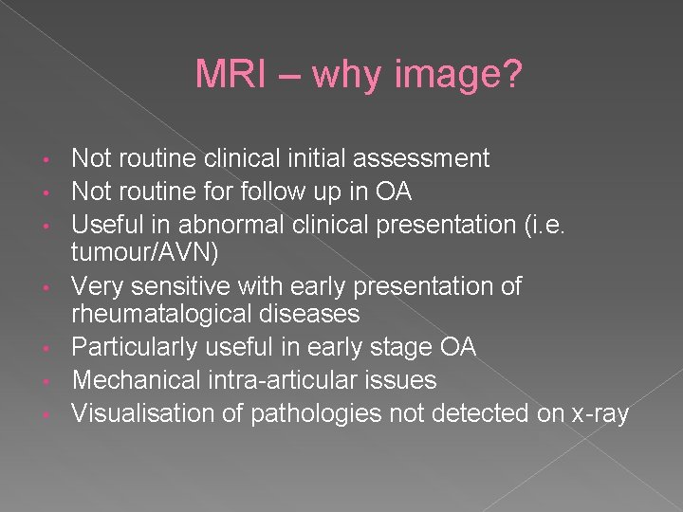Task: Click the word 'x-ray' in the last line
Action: [598, 412]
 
